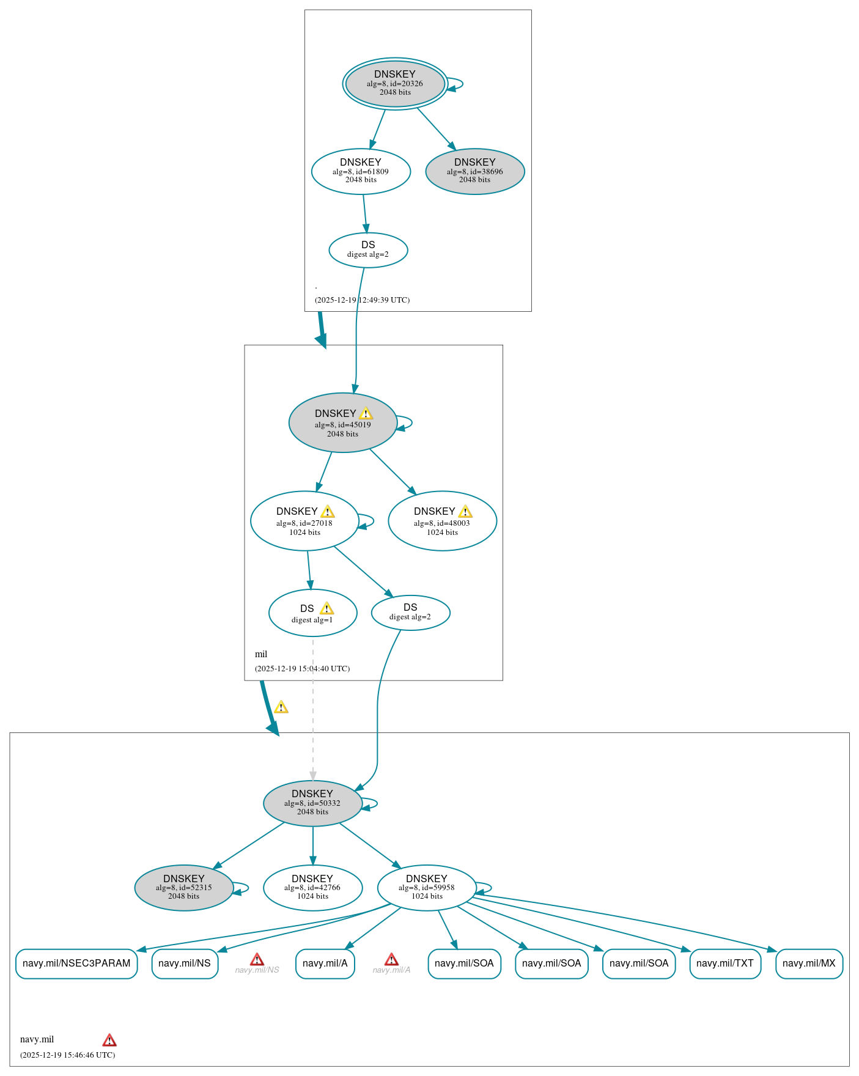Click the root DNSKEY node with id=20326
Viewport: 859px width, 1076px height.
[395, 83]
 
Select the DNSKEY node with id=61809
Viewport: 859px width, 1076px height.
[361, 171]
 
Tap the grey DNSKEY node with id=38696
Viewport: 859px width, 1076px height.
[475, 171]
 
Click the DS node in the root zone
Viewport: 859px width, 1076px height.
[368, 249]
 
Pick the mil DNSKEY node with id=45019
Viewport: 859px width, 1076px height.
[342, 422]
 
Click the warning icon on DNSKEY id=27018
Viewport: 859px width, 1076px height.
[328, 512]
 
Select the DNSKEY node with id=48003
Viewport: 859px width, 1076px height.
[442, 521]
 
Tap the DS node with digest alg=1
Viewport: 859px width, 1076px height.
[312, 613]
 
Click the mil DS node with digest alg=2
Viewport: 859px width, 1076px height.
[410, 612]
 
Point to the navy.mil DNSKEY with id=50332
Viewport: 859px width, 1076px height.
[312, 803]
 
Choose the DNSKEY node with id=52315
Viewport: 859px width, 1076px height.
[183, 887]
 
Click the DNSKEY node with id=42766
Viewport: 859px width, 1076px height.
[312, 887]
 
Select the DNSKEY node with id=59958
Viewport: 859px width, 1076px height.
[427, 887]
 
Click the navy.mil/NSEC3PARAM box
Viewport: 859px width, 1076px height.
[76, 964]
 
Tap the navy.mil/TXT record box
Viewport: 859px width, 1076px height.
[725, 964]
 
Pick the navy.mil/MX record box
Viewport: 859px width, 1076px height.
[809, 964]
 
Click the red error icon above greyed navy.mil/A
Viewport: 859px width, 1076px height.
[391, 959]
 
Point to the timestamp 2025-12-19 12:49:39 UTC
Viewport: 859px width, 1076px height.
[362, 300]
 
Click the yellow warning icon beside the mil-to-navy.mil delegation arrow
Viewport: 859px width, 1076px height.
[281, 707]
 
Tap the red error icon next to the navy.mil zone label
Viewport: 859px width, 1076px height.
[109, 1040]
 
